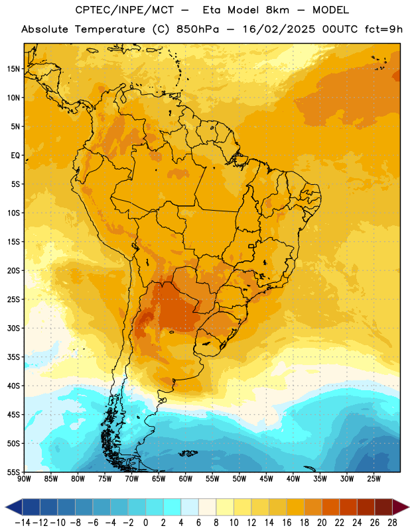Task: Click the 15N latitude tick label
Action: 13,69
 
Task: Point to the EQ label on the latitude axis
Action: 15,156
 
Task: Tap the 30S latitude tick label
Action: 13,328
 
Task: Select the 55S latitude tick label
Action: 13,472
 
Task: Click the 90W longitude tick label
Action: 24,479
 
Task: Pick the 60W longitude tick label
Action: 186,479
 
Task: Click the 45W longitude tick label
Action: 266,479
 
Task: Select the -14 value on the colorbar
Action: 23,523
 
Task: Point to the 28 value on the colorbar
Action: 392,523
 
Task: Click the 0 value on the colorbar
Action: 145,523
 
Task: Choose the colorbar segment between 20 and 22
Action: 331,507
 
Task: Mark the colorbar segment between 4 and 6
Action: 190,507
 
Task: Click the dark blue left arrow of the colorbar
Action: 13,507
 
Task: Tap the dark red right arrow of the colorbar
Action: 401,507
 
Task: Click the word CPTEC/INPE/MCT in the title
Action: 125,10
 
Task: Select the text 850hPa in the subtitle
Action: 198,29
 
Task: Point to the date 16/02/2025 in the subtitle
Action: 279,29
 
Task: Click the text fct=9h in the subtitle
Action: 383,29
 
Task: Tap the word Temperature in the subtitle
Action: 110,29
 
